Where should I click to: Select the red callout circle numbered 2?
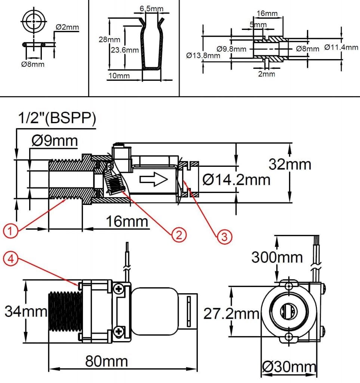click(179, 235)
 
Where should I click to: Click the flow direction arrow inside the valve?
click(154, 180)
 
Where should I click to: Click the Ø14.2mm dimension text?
click(236, 180)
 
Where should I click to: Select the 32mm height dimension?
click(290, 164)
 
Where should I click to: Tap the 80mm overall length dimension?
click(107, 361)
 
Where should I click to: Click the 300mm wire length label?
click(277, 257)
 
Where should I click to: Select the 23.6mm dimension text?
click(124, 50)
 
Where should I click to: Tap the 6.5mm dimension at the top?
click(151, 9)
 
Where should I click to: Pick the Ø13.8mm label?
click(203, 55)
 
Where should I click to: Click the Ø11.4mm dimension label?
click(341, 47)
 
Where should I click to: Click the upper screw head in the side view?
click(119, 289)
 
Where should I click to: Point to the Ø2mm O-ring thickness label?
click(67, 27)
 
